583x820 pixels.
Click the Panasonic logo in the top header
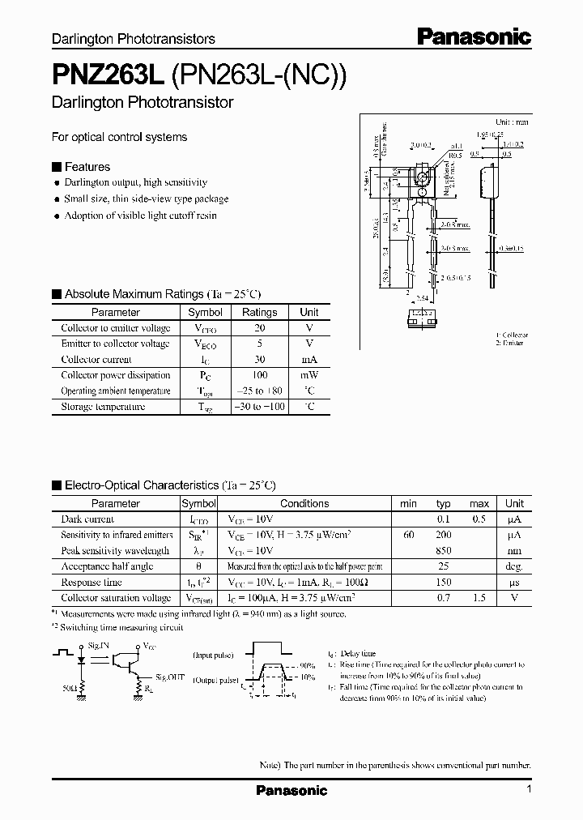(x=474, y=36)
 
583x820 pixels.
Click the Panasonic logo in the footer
(x=291, y=790)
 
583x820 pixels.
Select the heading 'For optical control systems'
(x=119, y=137)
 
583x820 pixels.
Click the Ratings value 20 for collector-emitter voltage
(x=259, y=328)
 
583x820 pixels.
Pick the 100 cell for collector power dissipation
(x=259, y=375)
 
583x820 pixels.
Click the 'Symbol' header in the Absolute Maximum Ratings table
(x=205, y=312)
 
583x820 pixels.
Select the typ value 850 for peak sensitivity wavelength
(x=444, y=551)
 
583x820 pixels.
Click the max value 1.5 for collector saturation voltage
(x=479, y=598)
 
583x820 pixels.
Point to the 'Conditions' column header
(x=304, y=503)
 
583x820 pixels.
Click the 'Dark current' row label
(x=87, y=519)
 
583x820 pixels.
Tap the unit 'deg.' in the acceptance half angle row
(x=514, y=566)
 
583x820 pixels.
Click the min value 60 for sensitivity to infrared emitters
(x=408, y=535)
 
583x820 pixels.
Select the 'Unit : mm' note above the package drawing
(x=511, y=122)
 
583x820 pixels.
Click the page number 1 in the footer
(x=529, y=789)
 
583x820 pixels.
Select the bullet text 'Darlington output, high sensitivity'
(x=135, y=182)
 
